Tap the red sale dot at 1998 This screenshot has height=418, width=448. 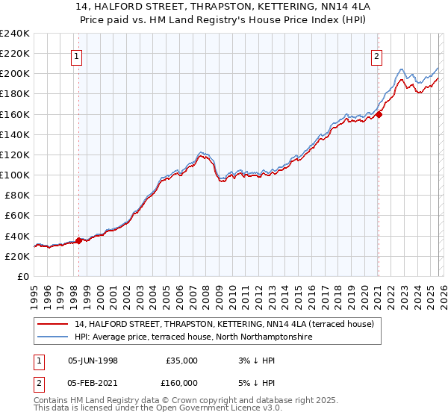click(79, 240)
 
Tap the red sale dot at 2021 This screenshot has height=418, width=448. click(379, 114)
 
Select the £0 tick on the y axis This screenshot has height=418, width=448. click(22, 276)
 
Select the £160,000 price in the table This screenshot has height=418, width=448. click(181, 382)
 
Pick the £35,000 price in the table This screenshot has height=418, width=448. click(181, 360)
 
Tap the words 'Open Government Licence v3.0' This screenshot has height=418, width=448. click(218, 409)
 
